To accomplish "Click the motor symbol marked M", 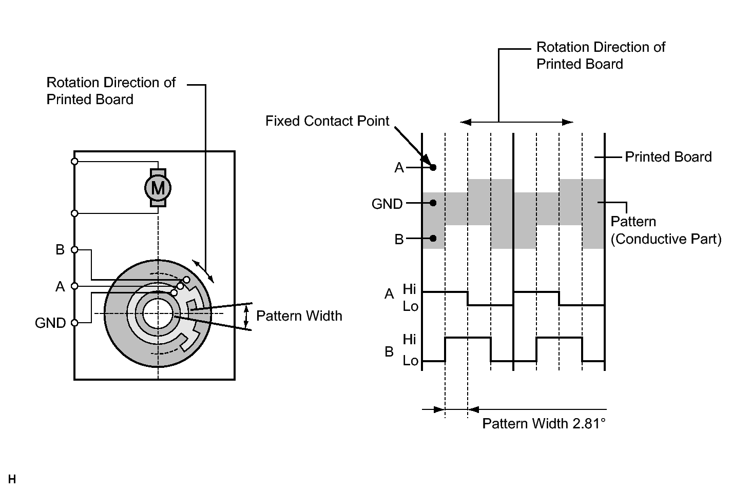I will coord(158,188).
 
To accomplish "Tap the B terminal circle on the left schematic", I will coord(74,250).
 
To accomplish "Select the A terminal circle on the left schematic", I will coord(74,286).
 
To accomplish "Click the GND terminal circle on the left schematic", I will coord(74,323).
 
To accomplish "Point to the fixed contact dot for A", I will coord(433,168).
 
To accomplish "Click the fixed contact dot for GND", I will coord(433,203).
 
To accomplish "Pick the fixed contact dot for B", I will coord(433,239).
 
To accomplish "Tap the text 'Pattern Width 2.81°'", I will coord(544,424).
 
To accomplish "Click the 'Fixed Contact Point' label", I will coord(327,121).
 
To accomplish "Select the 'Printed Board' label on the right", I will coord(668,157).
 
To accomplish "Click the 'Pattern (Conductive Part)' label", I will coord(665,230).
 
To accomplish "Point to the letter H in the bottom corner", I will coord(12,480).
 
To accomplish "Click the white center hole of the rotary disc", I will coord(158,313).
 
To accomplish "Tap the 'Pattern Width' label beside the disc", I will coord(299,316).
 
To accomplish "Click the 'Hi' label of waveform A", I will coord(410,288).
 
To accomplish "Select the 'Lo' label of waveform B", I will coord(410,361).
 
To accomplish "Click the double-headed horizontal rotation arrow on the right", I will coord(516,122).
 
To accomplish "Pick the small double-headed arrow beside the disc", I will coord(204,271).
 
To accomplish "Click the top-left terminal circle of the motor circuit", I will coord(74,162).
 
